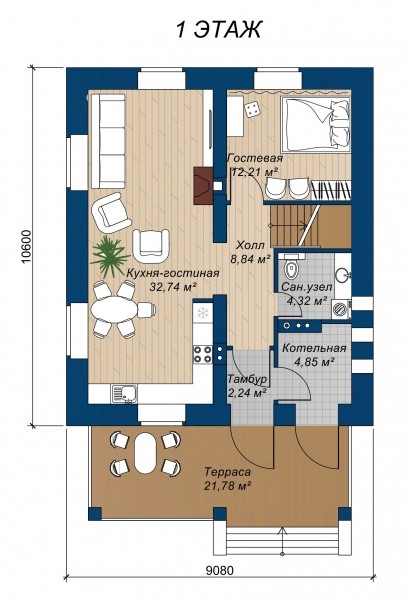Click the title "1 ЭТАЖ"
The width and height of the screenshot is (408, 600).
pos(219,29)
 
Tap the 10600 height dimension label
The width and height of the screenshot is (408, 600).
pos(26,247)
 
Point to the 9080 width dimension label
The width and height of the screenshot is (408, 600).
pos(219,571)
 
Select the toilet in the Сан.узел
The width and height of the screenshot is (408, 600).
pos(291,269)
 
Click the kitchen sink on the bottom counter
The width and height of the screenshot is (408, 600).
pos(124,394)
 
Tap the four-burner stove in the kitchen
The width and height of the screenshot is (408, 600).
pos(203,354)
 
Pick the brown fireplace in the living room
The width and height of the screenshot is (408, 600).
pos(203,185)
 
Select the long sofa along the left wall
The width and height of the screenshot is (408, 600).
pos(107,141)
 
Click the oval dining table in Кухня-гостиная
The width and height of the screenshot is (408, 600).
pos(114,309)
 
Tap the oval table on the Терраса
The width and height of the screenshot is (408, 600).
pos(145,453)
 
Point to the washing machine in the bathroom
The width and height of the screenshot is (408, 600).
pos(341,308)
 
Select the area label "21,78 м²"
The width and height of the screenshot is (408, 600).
pos(227,486)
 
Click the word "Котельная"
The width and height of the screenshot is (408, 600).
pos(314,348)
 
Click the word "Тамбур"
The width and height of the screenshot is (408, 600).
pos(247,380)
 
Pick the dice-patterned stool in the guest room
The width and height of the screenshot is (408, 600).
pos(251,108)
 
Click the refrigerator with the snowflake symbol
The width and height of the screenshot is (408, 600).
pos(202,313)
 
